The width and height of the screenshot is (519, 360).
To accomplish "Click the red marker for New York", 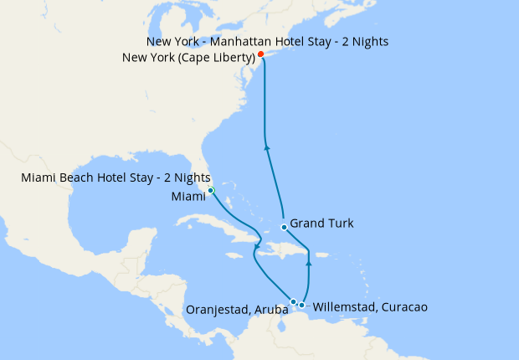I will coord(261,54).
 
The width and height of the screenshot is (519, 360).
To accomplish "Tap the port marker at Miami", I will coord(211,191).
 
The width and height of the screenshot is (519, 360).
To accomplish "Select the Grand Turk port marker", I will coord(285,227).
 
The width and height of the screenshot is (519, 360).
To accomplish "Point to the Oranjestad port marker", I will coord(293,301).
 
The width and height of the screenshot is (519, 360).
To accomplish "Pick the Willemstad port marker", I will coord(302,305).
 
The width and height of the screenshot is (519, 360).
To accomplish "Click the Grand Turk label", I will coord(321,224).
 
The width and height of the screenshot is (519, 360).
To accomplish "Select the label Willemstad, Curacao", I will coord(369,307).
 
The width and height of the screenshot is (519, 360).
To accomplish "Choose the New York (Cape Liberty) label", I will coord(188,57).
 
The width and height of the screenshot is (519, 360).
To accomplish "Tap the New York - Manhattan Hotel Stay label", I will coord(267,41).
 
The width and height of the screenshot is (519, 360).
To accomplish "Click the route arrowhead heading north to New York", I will coord(267,148).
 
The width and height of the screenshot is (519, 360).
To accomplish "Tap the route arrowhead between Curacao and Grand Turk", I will coord(309,263).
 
